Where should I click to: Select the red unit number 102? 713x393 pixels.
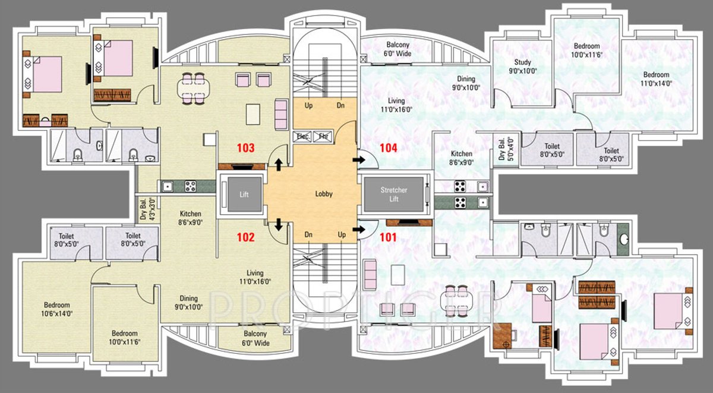(x=245, y=237)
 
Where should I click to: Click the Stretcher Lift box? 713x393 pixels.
(x=394, y=194)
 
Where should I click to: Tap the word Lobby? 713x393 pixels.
(x=324, y=194)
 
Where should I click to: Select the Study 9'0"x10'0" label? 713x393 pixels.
(x=523, y=66)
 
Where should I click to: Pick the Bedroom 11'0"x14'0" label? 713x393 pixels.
(x=657, y=79)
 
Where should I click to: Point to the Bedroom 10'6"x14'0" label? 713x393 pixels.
(x=56, y=309)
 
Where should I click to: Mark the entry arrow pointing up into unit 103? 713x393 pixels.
(x=278, y=161)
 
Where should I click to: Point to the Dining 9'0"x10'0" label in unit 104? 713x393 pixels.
(x=465, y=83)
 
